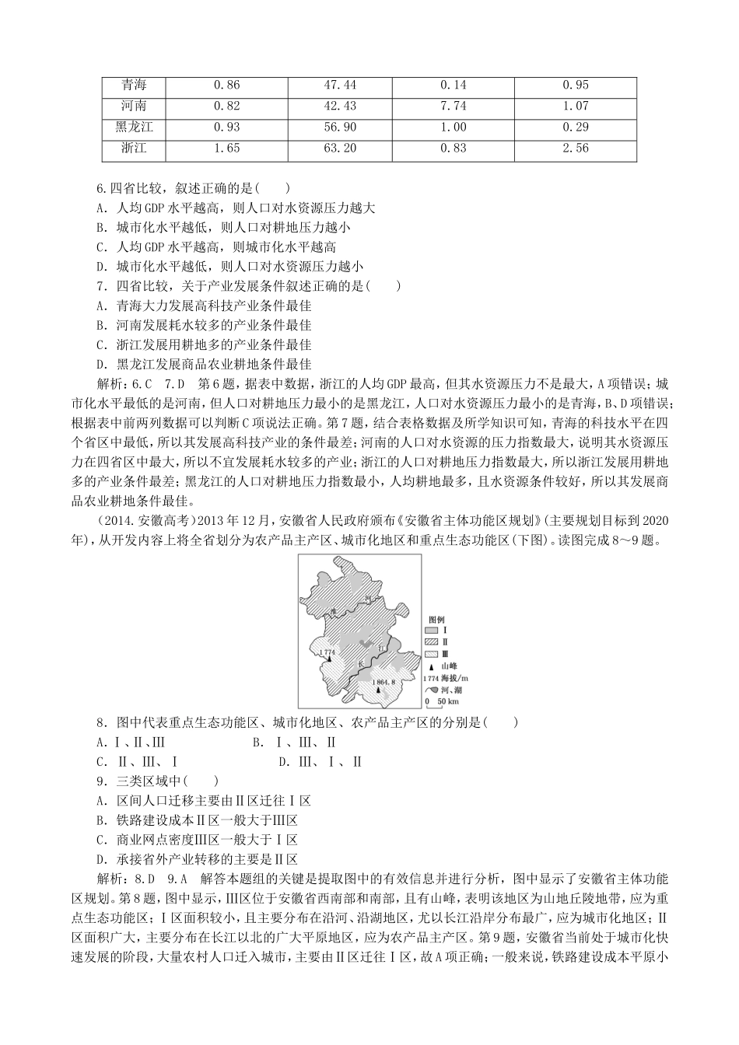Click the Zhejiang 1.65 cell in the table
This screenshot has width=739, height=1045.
click(226, 149)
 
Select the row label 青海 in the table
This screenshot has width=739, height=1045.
click(134, 85)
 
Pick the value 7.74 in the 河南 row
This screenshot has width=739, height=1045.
click(454, 107)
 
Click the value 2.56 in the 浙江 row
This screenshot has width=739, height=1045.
click(575, 149)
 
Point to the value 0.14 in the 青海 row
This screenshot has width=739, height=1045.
click(454, 85)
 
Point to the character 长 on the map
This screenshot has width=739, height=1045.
click(361, 662)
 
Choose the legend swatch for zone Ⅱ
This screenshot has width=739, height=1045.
click(433, 642)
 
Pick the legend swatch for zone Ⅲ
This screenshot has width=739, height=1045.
click(433, 655)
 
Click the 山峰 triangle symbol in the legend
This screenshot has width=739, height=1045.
click(433, 666)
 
